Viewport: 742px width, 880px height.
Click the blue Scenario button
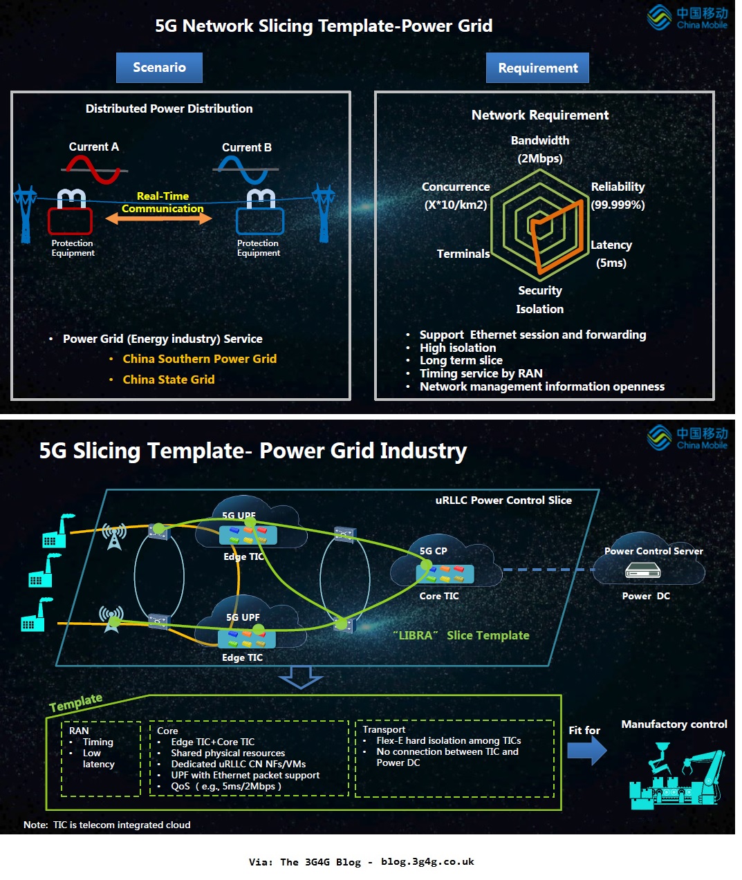pyautogui.click(x=159, y=68)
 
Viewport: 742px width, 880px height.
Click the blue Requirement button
pyautogui.click(x=537, y=68)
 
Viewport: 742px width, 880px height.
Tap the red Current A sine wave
pyautogui.click(x=93, y=169)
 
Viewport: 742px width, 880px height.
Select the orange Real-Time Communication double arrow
pyautogui.click(x=158, y=218)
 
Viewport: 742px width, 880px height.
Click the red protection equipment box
pyautogui.click(x=70, y=221)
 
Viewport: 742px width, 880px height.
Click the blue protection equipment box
pyautogui.click(x=259, y=221)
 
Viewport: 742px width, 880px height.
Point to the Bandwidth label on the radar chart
pyautogui.click(x=540, y=140)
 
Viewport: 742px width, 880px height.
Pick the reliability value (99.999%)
pyautogui.click(x=618, y=205)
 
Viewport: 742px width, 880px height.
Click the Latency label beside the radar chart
pyautogui.click(x=611, y=245)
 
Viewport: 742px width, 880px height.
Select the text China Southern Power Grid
pyautogui.click(x=199, y=359)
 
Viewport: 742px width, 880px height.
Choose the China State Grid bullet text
pyautogui.click(x=169, y=380)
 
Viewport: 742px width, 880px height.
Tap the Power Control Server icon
pyautogui.click(x=642, y=571)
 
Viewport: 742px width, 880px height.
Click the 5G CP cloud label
pyautogui.click(x=433, y=551)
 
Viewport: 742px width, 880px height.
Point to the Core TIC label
pyautogui.click(x=439, y=596)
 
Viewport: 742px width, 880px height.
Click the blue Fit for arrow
pyautogui.click(x=586, y=751)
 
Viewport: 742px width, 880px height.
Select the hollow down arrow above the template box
pyautogui.click(x=300, y=677)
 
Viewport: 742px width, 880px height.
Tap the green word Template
pyautogui.click(x=76, y=703)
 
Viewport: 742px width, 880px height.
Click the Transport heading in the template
pyautogui.click(x=384, y=729)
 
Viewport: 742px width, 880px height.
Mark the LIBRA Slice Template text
pyautogui.click(x=461, y=635)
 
